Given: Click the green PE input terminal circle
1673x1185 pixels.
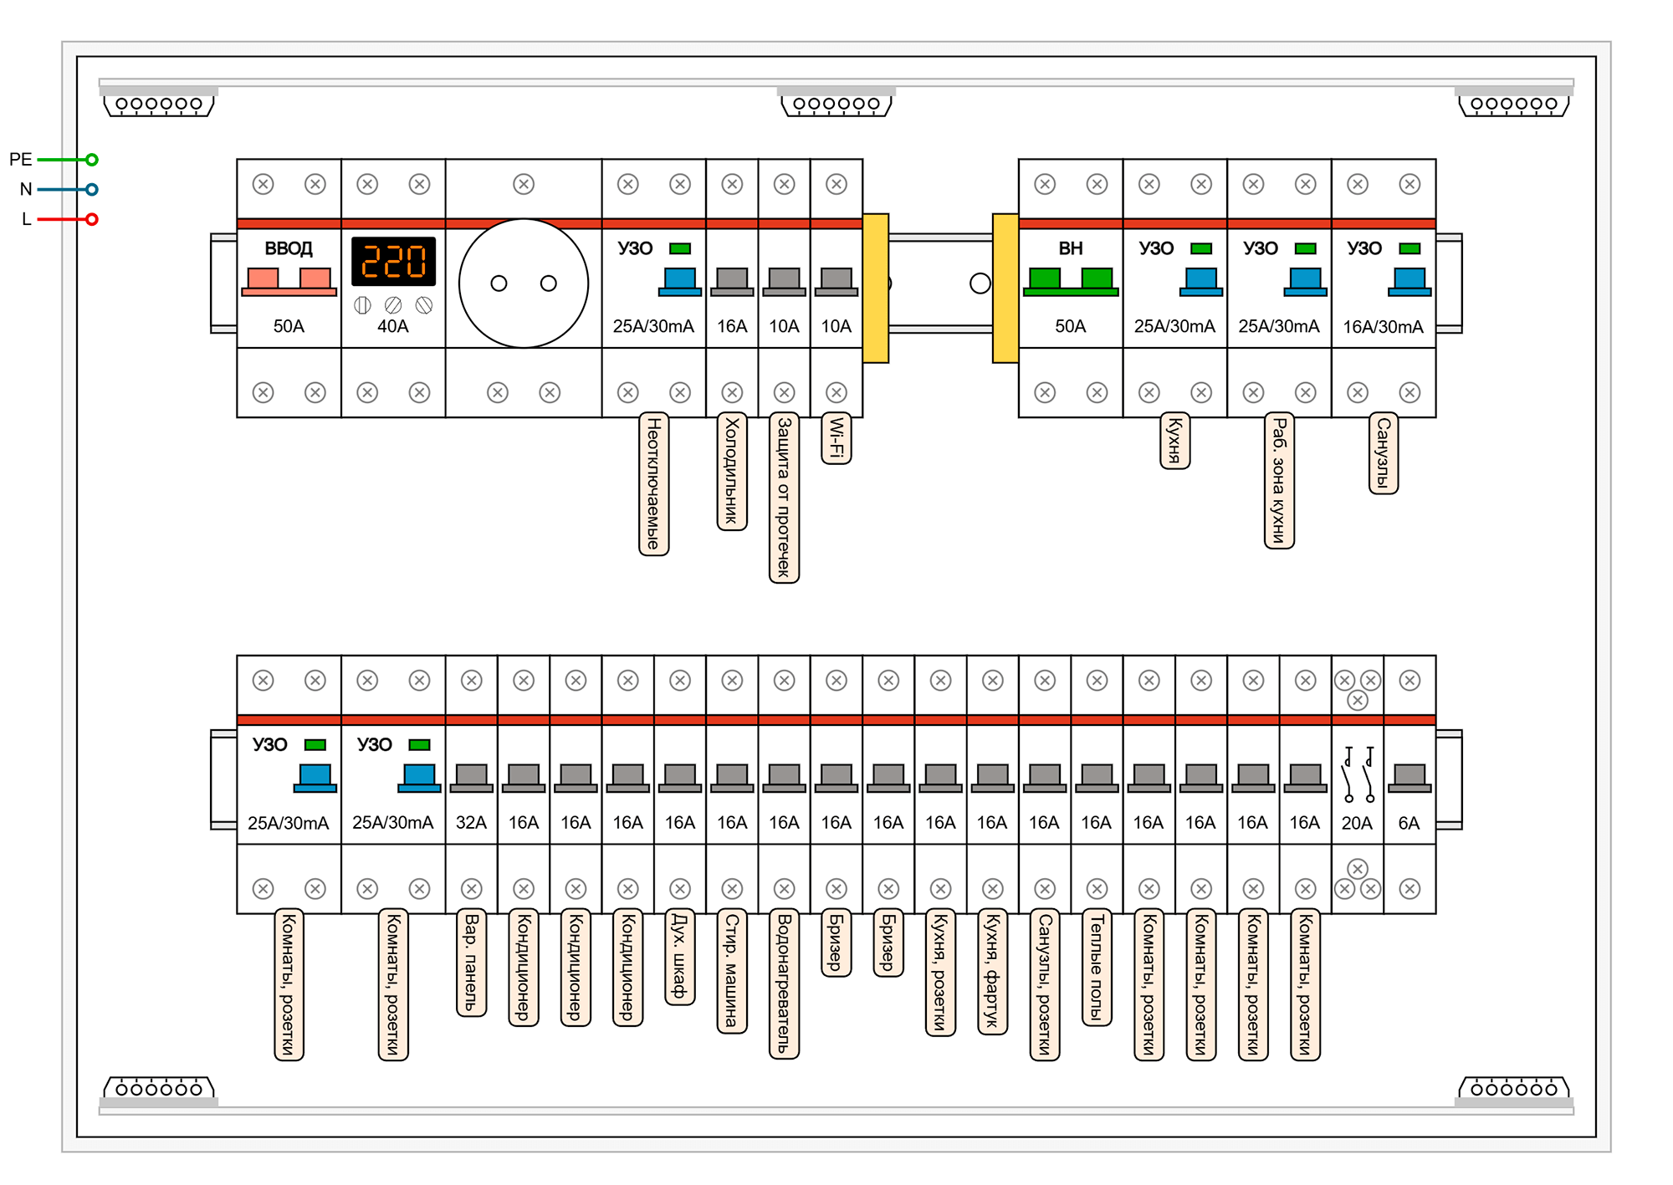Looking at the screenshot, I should (92, 160).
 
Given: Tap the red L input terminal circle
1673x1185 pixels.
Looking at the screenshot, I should (92, 219).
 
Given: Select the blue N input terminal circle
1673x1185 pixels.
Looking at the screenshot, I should (92, 190).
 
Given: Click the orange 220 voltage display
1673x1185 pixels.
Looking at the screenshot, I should (393, 261).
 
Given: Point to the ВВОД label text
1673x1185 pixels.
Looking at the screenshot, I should (289, 248).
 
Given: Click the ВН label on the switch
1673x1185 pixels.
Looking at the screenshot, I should (1070, 248).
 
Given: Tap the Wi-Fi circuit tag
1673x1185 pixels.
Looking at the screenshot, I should (836, 438).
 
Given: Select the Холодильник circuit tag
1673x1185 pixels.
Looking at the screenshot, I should (732, 471).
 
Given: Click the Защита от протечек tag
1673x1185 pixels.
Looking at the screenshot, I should (784, 498).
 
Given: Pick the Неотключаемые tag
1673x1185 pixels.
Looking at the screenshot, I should (653, 483).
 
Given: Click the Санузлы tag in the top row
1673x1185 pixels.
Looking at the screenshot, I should (1383, 453).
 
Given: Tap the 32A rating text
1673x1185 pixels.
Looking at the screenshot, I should (471, 823).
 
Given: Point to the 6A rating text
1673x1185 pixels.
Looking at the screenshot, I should (1409, 823).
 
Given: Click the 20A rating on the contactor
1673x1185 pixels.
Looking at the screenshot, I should (1357, 823).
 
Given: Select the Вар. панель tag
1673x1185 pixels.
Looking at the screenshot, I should (471, 963).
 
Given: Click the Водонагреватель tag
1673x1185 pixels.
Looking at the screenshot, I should (784, 983).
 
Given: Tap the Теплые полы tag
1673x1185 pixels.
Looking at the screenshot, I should (1097, 967).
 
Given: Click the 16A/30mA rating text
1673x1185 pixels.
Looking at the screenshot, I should (1383, 327).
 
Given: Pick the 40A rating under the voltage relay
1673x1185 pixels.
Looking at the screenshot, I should (393, 326).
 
